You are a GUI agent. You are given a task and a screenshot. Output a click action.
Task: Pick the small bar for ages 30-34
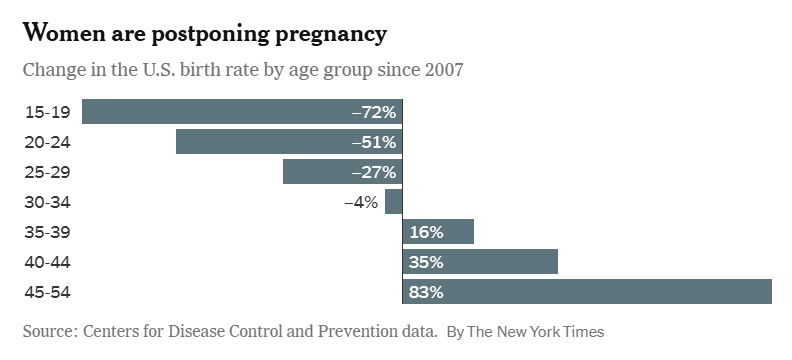click(x=393, y=202)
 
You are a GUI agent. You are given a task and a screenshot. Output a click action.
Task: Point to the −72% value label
click(x=374, y=112)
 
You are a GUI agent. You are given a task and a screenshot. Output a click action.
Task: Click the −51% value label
click(x=374, y=142)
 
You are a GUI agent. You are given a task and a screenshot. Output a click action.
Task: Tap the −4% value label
click(x=360, y=202)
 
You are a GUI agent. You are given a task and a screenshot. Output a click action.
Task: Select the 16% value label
click(x=426, y=232)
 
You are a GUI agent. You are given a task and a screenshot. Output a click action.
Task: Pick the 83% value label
click(x=426, y=292)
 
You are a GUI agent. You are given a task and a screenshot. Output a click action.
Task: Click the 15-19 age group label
click(x=47, y=112)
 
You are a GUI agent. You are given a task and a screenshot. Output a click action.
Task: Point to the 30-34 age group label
click(x=47, y=202)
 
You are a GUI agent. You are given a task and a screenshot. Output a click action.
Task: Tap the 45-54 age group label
click(x=47, y=292)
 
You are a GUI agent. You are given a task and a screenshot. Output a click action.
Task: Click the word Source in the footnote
click(x=48, y=330)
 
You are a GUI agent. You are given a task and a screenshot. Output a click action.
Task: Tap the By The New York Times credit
click(x=525, y=331)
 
